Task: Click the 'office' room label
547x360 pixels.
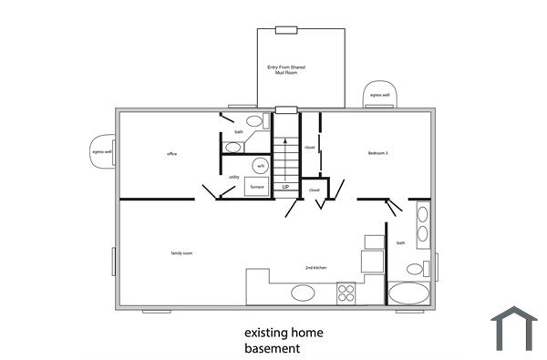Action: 171,154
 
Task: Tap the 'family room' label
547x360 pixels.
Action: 181,252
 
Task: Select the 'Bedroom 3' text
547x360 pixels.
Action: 378,152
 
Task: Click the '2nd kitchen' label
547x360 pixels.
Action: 316,267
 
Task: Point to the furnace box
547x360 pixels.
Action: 257,187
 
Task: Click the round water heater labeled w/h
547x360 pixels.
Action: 260,167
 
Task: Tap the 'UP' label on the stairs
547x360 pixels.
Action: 285,187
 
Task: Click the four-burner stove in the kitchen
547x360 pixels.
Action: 346,293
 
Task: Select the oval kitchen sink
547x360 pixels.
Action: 302,293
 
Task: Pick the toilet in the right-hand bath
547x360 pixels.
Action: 417,268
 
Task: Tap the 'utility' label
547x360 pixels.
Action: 234,177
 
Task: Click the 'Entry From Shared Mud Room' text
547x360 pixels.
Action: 285,70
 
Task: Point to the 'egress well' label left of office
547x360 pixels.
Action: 101,152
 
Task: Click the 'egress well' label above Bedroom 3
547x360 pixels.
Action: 378,95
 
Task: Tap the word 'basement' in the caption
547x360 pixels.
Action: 272,348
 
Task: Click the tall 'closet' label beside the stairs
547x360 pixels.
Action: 309,147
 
